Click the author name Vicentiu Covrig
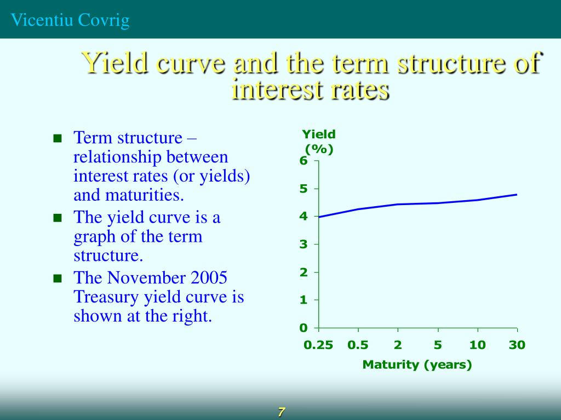click(x=71, y=20)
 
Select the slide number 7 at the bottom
click(x=281, y=412)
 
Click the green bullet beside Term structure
click(x=56, y=138)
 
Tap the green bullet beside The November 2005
click(x=56, y=278)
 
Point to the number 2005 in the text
click(x=209, y=278)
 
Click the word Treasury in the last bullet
click(x=106, y=297)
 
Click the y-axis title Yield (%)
click(x=319, y=142)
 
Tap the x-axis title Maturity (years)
click(x=417, y=364)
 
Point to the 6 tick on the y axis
click(x=303, y=161)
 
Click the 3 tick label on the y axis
click(x=303, y=244)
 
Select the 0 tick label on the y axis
click(x=303, y=328)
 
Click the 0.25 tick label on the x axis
click(x=318, y=345)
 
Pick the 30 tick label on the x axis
click(x=517, y=345)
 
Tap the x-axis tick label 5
click(x=438, y=345)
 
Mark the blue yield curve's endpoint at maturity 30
click(x=517, y=194)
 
